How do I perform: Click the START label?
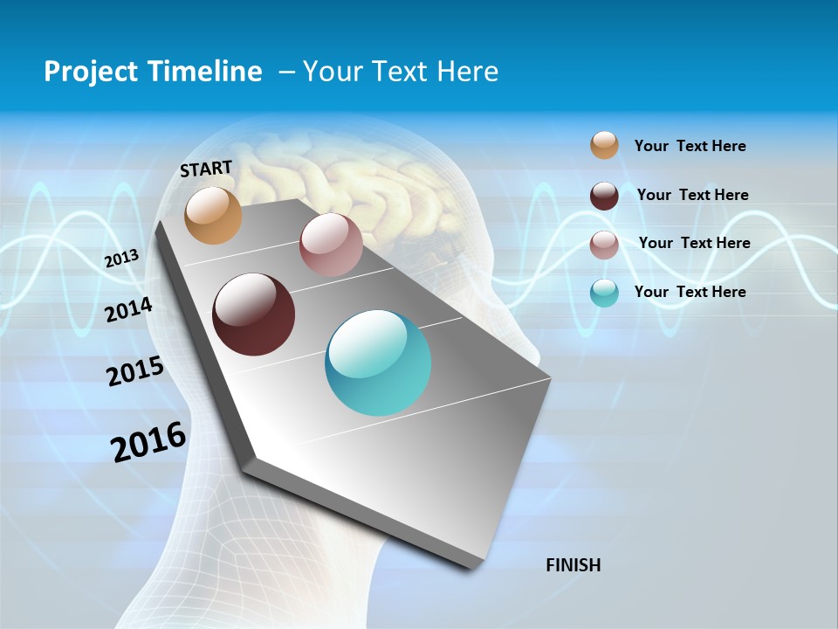[206, 169]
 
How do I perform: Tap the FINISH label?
[573, 565]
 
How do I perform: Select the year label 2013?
[122, 258]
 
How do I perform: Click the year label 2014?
[128, 309]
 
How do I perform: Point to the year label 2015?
[135, 371]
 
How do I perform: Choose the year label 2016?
[148, 442]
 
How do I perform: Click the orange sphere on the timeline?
[213, 215]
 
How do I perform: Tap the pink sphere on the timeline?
[331, 245]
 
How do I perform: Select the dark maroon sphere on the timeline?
[253, 314]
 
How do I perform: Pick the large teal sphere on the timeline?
[378, 363]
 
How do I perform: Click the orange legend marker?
[604, 146]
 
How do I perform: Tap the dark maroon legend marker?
[604, 196]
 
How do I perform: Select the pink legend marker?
[604, 245]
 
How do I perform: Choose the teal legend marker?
[604, 293]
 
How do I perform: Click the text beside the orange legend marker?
[690, 147]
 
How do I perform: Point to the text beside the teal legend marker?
[690, 292]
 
